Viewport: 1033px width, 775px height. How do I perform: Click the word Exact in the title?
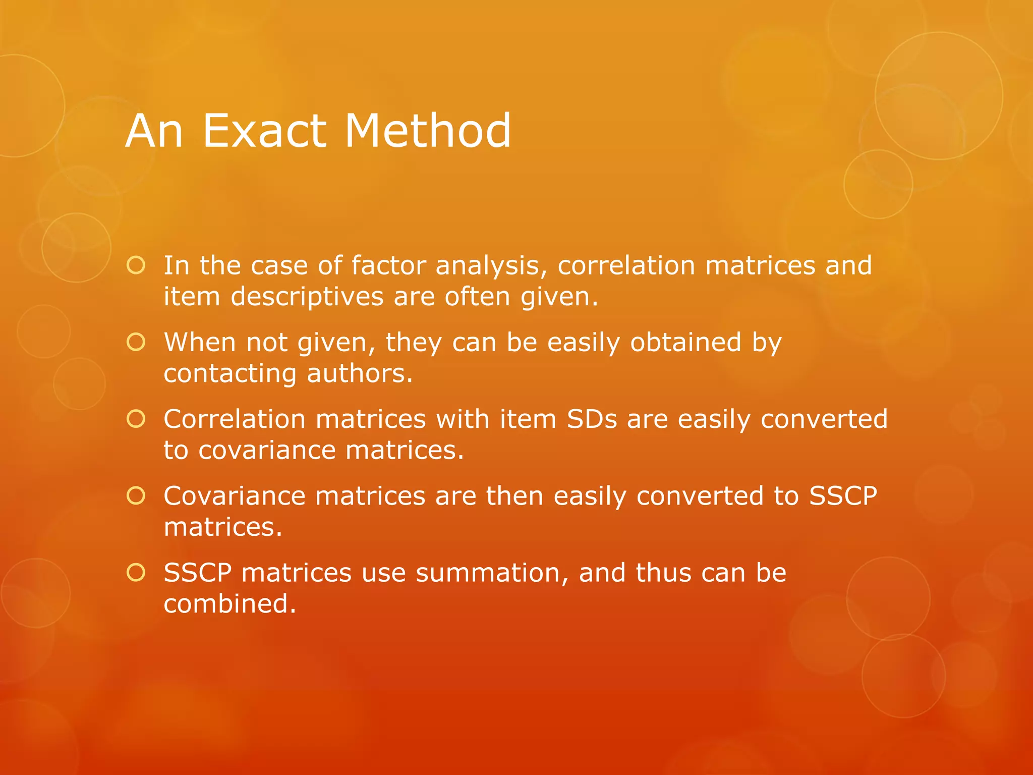pyautogui.click(x=264, y=131)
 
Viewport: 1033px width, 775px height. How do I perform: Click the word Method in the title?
pyautogui.click(x=428, y=131)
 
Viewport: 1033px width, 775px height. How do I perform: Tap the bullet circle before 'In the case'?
pyautogui.click(x=136, y=265)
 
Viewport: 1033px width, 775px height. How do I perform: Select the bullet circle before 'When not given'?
pyautogui.click(x=136, y=343)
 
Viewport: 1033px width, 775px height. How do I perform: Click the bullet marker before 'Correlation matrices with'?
pyautogui.click(x=136, y=419)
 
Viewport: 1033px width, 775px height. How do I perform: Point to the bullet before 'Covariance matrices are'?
pyautogui.click(x=136, y=496)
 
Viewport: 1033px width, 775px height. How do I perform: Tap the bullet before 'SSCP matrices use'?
pyautogui.click(x=136, y=573)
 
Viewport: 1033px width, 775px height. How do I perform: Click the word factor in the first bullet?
pyautogui.click(x=388, y=265)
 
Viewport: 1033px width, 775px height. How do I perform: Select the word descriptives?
pyautogui.click(x=307, y=297)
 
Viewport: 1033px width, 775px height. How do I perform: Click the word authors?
pyautogui.click(x=360, y=374)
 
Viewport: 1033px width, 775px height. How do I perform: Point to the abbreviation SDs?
pyautogui.click(x=592, y=419)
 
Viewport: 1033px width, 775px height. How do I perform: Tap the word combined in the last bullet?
pyautogui.click(x=229, y=604)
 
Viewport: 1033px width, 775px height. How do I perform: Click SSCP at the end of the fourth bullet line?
pyautogui.click(x=843, y=496)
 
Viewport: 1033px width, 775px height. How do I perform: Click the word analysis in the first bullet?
pyautogui.click(x=491, y=266)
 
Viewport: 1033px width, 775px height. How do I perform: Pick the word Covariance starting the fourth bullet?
pyautogui.click(x=235, y=496)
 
